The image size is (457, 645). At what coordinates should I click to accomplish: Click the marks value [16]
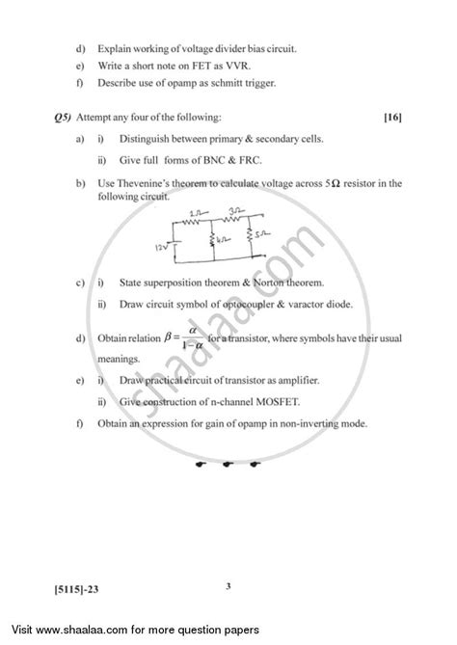(x=391, y=118)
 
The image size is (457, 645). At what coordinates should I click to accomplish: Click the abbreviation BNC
(x=222, y=160)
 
